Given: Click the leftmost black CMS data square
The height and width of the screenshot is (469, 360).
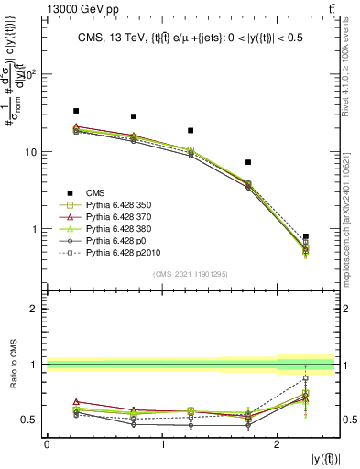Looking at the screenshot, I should point(76,111).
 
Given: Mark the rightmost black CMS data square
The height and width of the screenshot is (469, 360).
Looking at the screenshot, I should point(306,236).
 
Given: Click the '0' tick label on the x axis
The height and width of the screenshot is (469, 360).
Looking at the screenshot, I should point(47,444).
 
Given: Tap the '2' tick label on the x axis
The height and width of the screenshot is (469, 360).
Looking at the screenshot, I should point(277,444).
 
